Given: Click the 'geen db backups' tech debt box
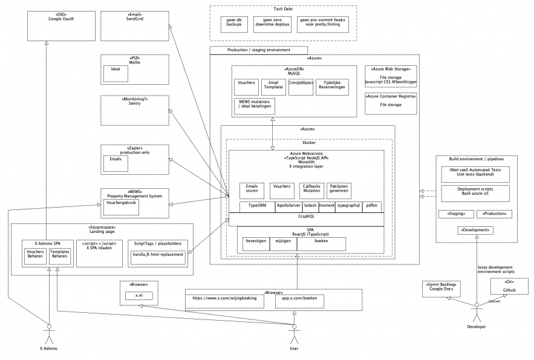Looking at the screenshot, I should [235, 23].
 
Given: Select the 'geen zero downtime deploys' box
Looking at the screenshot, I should [272, 23].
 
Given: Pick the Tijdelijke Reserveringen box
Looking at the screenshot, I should [332, 87].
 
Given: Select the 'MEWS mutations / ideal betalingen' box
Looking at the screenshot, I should [254, 106].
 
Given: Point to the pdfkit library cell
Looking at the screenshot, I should [371, 206].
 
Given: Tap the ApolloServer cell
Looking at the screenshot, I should [288, 206].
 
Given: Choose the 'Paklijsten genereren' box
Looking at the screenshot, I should [339, 190].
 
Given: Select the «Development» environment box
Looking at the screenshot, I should [477, 230].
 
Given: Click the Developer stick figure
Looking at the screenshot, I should [477, 310].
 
